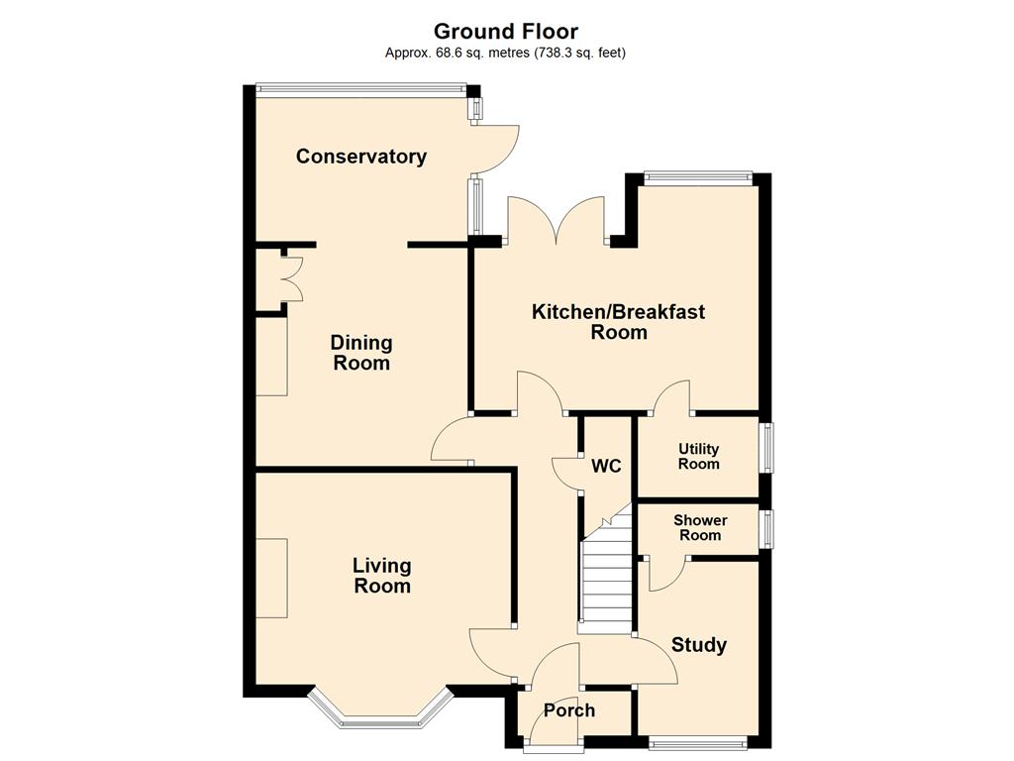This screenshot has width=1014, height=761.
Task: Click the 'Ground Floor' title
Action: point(506,31)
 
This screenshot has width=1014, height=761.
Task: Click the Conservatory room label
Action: point(360,157)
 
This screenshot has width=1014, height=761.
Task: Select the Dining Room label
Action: point(360,353)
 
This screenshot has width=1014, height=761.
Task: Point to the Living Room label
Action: point(382,576)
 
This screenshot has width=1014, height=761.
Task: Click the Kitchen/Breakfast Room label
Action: point(618,322)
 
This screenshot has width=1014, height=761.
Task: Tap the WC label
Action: point(606,466)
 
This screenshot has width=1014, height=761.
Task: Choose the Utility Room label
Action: point(698,456)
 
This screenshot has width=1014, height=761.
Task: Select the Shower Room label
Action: point(700,527)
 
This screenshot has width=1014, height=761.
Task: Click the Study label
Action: point(699,644)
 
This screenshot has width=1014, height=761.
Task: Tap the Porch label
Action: point(569,710)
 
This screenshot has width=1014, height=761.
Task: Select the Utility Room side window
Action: point(765,448)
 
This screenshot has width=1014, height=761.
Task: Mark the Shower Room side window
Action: point(765,529)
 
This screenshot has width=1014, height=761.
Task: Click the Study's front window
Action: point(698,742)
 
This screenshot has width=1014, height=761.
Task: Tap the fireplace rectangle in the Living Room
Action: point(271,578)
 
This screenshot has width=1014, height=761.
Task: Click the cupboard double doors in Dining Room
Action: point(292,278)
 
